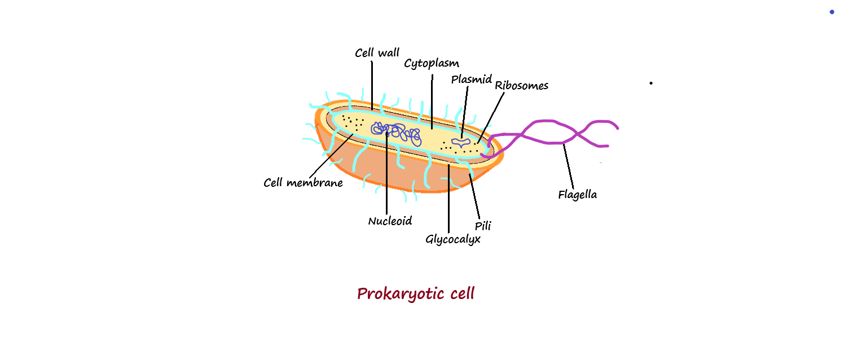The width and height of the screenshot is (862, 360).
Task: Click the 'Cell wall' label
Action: (x=377, y=53)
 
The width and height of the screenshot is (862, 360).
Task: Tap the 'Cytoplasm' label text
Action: (x=432, y=63)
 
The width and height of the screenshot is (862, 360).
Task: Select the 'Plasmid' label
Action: (x=472, y=80)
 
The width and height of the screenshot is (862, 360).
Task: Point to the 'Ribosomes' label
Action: (x=521, y=86)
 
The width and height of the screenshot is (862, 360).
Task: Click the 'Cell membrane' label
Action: (x=303, y=183)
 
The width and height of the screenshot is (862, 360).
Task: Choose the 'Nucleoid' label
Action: (x=390, y=221)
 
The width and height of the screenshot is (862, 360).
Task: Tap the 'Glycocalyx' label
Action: (x=452, y=239)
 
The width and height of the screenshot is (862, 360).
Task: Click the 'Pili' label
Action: (x=483, y=226)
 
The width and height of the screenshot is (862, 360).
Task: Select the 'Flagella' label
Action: (x=577, y=195)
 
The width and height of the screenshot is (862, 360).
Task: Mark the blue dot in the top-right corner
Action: (x=832, y=12)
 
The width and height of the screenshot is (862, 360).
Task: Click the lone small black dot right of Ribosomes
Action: (x=651, y=83)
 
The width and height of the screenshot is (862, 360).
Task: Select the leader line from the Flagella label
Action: (x=569, y=166)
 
